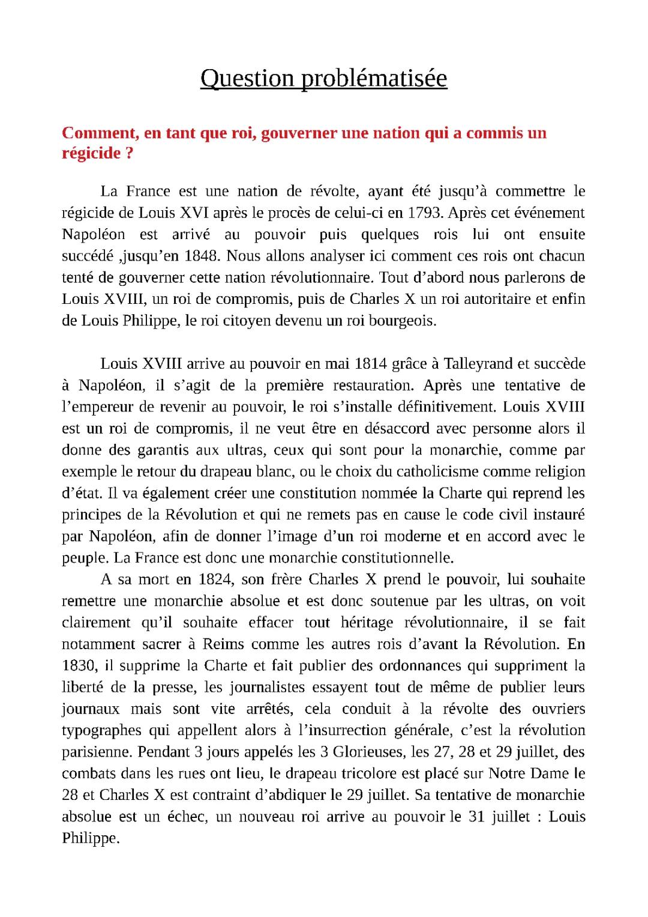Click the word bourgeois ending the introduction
click(400, 321)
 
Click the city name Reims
click(223, 644)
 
